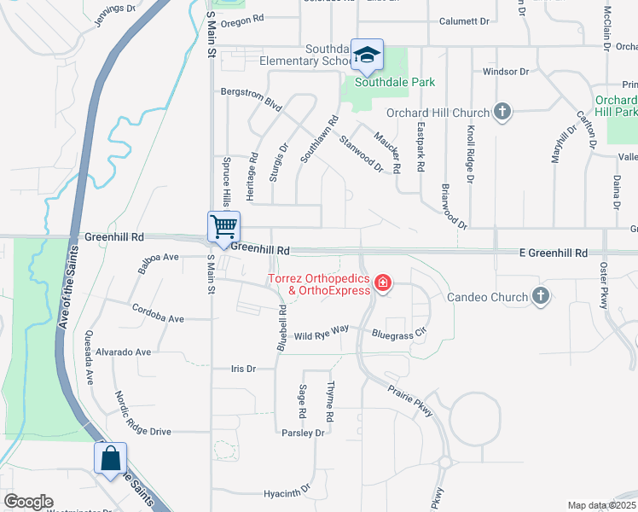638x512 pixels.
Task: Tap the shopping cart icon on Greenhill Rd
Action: tap(223, 228)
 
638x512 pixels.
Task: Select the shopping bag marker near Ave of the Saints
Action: tap(110, 459)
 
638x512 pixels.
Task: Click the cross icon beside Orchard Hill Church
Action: tap(502, 112)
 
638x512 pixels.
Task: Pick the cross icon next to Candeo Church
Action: tap(539, 296)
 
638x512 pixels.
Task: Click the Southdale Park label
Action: tap(395, 83)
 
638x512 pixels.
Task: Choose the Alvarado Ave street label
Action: tap(123, 352)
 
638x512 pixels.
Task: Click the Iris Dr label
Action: tap(244, 369)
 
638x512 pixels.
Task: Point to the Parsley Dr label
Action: tap(303, 433)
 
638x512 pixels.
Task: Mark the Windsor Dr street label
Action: tap(507, 72)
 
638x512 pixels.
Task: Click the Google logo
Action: tap(28, 502)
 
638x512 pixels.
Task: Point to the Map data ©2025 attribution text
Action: tap(600, 505)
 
